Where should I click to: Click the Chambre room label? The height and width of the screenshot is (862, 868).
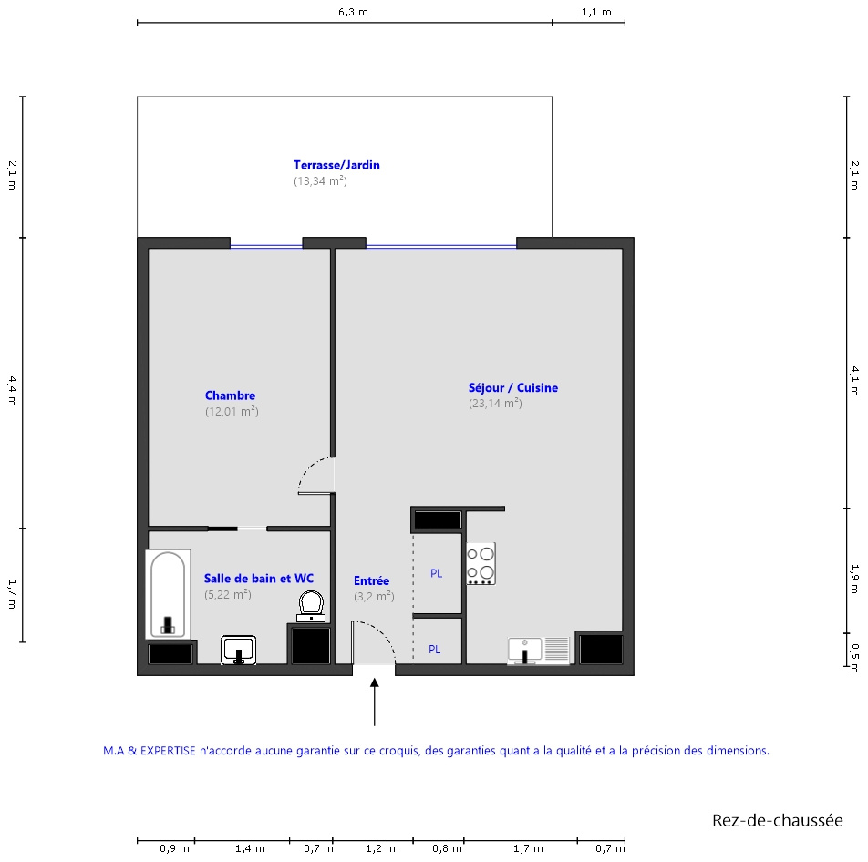coord(231,395)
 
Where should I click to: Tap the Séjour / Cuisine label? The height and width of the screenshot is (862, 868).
coord(513,388)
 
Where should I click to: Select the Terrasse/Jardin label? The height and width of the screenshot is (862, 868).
coord(336,165)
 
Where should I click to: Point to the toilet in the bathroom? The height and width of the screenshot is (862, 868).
coord(311,606)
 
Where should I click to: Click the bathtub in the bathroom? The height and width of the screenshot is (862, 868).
coord(169,595)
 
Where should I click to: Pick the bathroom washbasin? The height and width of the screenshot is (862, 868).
coord(239,650)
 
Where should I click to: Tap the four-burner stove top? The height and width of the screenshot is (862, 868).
coord(480,564)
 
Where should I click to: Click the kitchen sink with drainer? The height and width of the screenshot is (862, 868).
coord(539,651)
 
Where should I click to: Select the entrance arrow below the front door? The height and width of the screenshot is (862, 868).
coord(375,703)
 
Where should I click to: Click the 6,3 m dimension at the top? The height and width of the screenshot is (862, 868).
coord(353,12)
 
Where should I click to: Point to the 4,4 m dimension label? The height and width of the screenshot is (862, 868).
coord(12,391)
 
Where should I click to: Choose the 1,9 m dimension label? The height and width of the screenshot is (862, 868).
coord(854,580)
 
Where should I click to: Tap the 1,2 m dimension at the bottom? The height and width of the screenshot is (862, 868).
coord(381,848)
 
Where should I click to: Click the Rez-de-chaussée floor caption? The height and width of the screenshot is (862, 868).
coord(777,820)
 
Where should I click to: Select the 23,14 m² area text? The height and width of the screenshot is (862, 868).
coord(495,404)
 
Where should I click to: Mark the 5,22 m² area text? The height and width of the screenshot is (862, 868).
coord(228,595)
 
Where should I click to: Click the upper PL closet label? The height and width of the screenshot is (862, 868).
coord(436,573)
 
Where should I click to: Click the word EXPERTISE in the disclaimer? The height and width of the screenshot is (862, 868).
coord(168,751)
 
